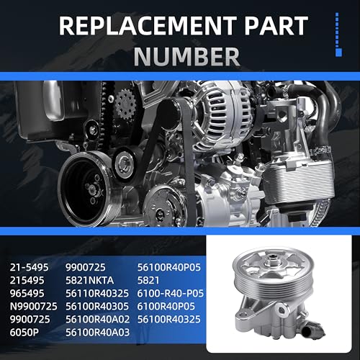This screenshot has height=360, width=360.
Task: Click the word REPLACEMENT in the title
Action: point(148,26)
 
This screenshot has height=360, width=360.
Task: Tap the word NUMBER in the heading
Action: point(186,57)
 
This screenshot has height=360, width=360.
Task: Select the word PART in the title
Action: point(276,26)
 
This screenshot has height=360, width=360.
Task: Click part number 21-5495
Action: point(29,267)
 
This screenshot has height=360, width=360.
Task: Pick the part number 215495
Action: point(27,280)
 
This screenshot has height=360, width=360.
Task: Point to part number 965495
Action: point(27,293)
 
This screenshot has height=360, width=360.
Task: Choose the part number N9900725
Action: point(34,306)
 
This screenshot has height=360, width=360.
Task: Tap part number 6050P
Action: point(24,333)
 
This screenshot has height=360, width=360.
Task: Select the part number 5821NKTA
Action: point(89,280)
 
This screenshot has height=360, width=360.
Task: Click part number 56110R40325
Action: point(97,293)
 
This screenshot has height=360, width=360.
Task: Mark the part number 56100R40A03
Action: point(97,333)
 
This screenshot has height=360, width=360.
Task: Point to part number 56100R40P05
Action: point(169,267)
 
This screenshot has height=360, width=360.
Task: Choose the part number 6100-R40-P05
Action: point(171,293)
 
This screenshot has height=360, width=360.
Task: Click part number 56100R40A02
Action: point(97,320)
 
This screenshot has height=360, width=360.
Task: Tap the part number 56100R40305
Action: point(97,306)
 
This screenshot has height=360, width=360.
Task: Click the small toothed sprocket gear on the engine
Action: point(125,105)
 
